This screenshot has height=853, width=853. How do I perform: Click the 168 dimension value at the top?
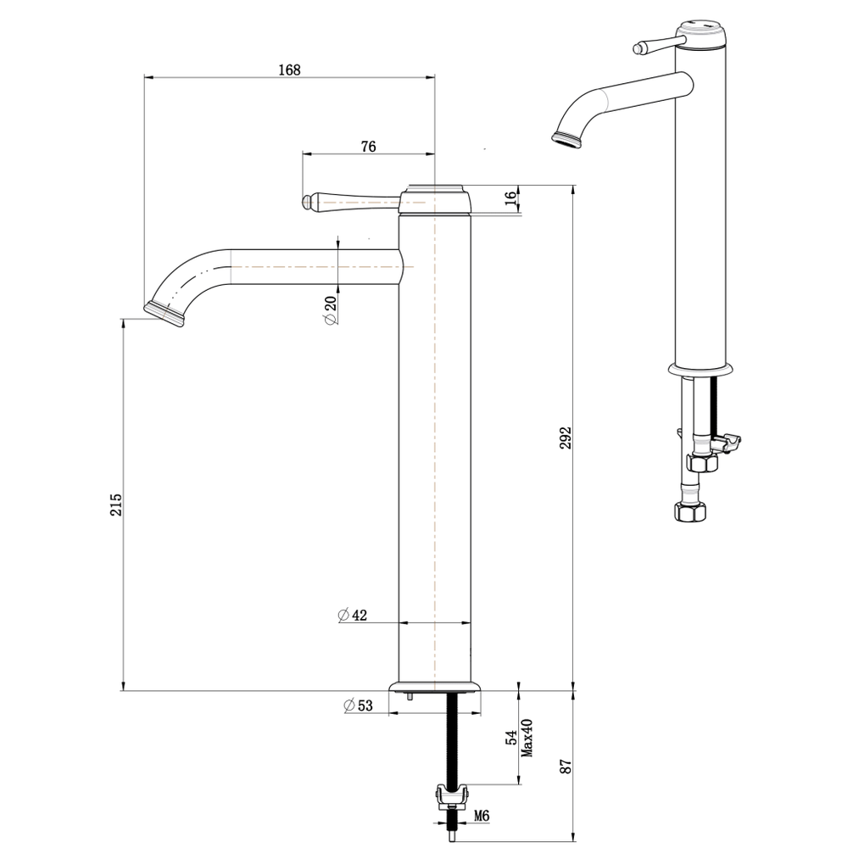point(289,70)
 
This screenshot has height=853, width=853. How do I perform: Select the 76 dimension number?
point(368,146)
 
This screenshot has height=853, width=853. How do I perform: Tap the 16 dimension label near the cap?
point(509,198)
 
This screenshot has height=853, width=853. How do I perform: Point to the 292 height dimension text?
point(566,438)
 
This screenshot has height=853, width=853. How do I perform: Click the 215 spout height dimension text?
point(116,505)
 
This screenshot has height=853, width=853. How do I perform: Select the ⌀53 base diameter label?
point(359,705)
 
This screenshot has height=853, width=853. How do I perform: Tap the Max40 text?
point(527,738)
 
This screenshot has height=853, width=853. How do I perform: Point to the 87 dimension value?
point(566,766)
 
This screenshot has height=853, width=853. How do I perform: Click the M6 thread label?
point(481,816)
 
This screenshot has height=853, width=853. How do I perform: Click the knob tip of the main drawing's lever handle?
point(309,201)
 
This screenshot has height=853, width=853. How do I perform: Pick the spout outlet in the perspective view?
point(567,139)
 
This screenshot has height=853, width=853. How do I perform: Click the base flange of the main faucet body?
point(435,686)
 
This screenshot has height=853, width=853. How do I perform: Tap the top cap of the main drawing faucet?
point(435,198)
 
